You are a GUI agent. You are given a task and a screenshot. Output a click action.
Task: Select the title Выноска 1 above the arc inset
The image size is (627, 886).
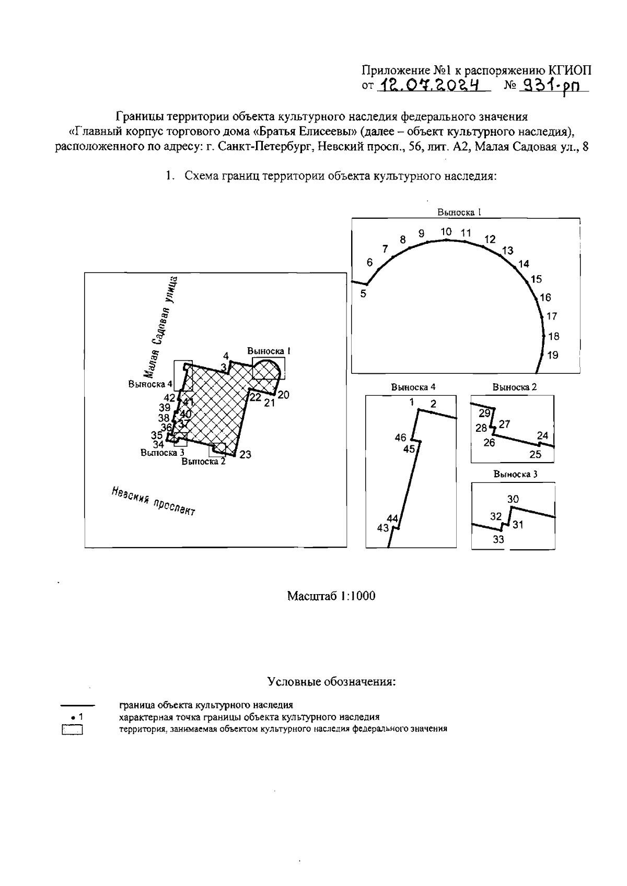[459, 212]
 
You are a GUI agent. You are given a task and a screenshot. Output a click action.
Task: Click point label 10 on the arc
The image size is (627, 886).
[446, 231]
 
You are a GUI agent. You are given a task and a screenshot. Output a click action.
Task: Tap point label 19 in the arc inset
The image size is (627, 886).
[552, 356]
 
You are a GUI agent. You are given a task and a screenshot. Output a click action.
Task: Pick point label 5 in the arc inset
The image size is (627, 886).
[363, 294]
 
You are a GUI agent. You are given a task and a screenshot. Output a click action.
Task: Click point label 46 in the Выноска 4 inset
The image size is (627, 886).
[400, 438]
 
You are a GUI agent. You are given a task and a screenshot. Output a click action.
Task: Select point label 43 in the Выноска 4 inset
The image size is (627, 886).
[382, 528]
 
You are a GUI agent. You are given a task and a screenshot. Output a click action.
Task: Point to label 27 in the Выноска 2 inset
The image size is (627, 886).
[504, 424]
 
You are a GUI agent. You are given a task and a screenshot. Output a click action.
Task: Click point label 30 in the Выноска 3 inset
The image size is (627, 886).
[513, 500]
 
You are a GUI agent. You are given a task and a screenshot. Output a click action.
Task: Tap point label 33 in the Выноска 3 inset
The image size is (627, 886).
[498, 540]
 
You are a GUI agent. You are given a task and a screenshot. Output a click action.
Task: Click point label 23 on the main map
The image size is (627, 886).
[245, 455]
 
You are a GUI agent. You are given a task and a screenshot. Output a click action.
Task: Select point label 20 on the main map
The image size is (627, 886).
[283, 395]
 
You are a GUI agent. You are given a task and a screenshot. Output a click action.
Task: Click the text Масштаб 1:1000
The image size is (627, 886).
[331, 596]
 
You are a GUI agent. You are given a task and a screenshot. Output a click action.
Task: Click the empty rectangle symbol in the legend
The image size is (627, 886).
[73, 730]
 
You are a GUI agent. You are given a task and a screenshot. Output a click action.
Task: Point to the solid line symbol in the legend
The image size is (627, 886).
[77, 705]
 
